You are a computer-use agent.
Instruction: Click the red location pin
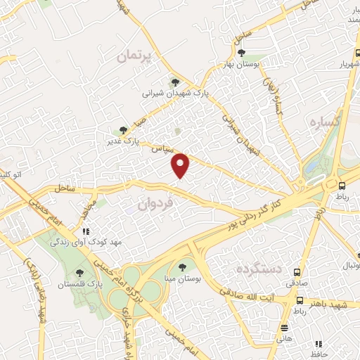[181, 165]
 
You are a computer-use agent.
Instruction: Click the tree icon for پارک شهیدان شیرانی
[175, 83]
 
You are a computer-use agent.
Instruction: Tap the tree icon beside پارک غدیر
[123, 129]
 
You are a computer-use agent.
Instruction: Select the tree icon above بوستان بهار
[241, 53]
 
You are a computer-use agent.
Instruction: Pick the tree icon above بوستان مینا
[183, 267]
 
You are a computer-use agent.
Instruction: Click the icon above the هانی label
[285, 328]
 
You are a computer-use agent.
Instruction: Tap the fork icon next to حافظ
[319, 344]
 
